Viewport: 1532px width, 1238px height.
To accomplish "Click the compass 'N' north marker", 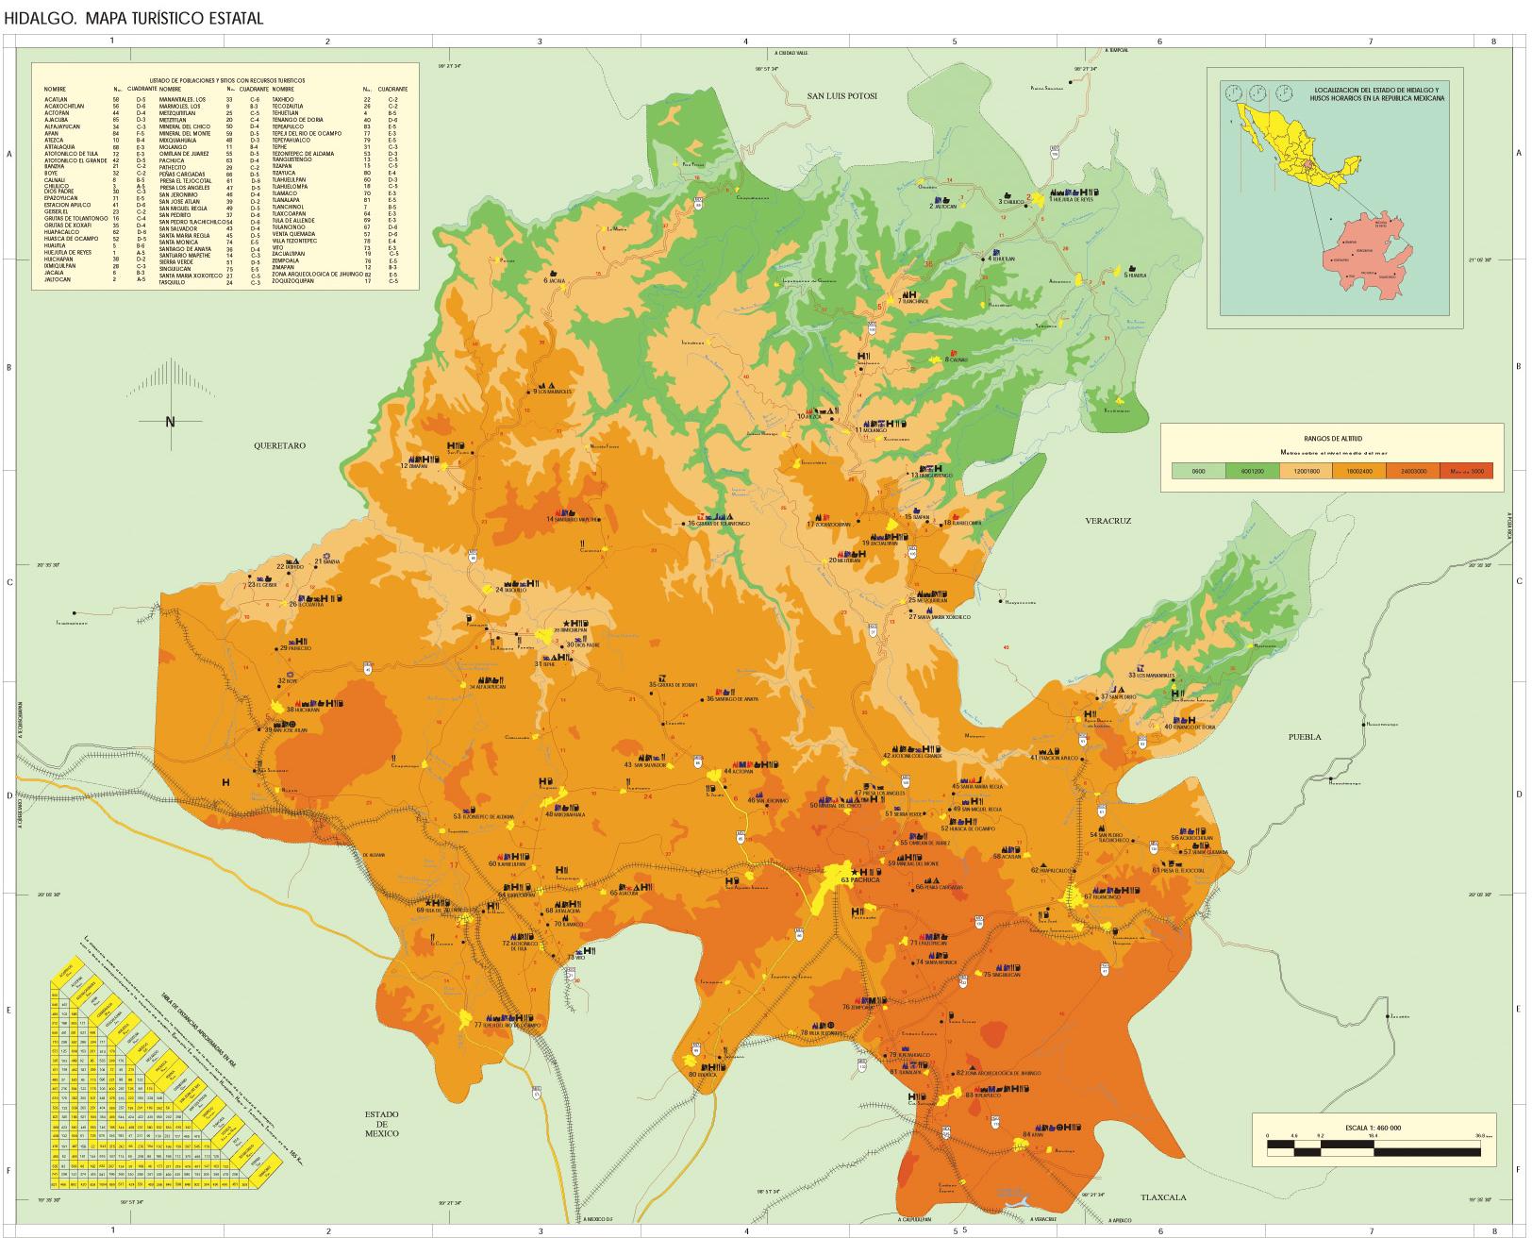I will (170, 422).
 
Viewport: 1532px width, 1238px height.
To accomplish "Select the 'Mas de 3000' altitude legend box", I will (1466, 471).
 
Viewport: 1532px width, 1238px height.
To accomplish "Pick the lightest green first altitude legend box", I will (1197, 471).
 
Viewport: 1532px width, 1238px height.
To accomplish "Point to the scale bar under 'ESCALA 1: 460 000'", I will (1375, 1146).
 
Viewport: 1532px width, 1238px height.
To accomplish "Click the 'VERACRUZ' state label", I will (1107, 520).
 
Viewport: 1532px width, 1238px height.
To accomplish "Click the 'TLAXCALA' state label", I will (1162, 1197).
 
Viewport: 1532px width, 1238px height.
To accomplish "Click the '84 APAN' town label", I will (1033, 1135).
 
